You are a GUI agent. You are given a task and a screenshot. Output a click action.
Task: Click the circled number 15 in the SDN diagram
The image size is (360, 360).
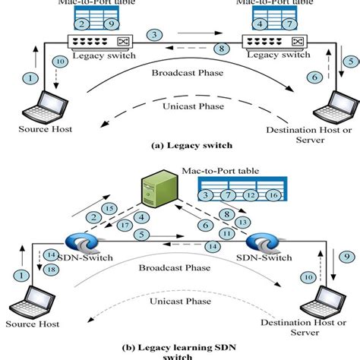point(109,207)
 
